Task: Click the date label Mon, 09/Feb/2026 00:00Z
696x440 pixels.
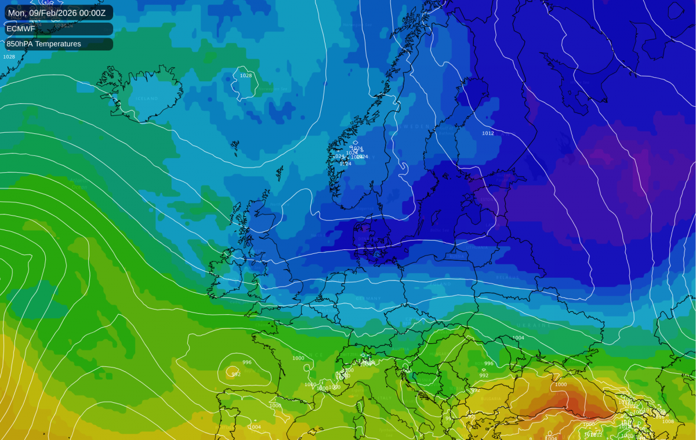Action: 57,12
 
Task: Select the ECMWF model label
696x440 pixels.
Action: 21,28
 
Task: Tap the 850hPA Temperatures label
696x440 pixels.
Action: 44,43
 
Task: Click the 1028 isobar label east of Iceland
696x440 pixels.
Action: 246,75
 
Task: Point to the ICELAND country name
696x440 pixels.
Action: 147,99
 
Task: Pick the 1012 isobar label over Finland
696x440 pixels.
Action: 488,133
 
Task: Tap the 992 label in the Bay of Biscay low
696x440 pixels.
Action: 236,374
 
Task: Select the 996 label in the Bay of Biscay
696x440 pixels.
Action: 247,362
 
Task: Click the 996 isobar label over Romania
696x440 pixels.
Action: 488,364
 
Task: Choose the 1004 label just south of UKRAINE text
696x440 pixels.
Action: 518,337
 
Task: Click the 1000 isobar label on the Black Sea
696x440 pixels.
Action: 561,384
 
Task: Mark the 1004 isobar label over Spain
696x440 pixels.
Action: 254,427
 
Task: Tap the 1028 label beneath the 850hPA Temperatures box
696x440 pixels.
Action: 9,57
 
